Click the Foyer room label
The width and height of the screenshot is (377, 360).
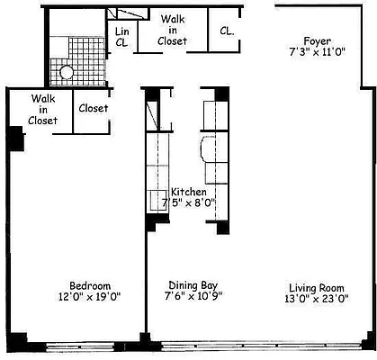318,41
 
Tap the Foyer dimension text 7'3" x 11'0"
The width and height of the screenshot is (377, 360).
318,54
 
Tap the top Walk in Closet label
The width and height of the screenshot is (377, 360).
172,29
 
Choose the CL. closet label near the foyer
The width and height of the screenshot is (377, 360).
227,30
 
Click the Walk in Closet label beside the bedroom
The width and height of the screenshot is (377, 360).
43,109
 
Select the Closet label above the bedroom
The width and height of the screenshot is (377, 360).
94,108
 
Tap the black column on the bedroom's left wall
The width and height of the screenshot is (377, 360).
15,139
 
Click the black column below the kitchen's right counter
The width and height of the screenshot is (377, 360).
221,224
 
